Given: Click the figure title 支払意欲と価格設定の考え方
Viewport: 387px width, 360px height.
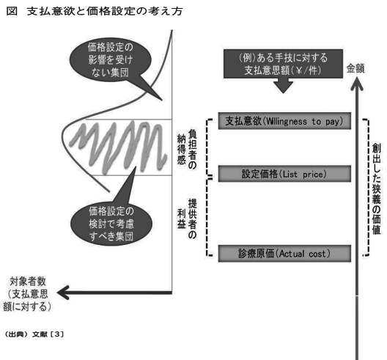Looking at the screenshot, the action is [105, 11].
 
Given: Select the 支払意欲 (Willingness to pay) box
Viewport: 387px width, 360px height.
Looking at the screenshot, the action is [284, 121].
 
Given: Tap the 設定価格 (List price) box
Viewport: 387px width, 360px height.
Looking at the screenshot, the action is [284, 174].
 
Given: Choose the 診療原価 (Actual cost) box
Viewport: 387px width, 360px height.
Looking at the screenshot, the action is [284, 254].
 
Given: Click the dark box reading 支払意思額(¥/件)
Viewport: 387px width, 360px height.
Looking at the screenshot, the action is [283, 64].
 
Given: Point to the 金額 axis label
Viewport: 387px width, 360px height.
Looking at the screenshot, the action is [355, 68].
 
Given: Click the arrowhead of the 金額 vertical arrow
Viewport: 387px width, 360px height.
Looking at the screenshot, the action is [357, 84].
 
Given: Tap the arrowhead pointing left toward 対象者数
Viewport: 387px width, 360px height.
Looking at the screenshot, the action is [63, 293].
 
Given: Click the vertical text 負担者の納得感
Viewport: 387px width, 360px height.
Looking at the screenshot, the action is [187, 149].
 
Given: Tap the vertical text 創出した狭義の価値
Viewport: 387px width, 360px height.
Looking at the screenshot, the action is [377, 189].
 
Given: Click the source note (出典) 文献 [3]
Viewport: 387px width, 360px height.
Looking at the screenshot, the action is [34, 334].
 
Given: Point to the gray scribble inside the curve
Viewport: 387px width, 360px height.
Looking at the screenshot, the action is [119, 147].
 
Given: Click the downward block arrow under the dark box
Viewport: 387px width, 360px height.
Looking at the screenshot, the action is [284, 86].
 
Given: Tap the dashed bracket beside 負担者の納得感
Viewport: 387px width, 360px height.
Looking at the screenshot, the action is [207, 147].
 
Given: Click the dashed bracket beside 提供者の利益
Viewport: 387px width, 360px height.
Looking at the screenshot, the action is [207, 216].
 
